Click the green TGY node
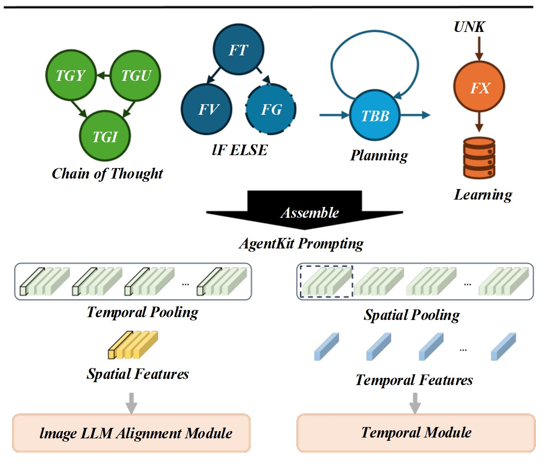tap(71, 76)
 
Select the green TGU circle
tap(136, 76)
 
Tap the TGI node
tap(105, 137)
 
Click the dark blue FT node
tap(238, 50)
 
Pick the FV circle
tap(207, 109)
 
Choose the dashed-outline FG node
tap(271, 109)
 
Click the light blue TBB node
tap(375, 116)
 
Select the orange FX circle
tap(479, 87)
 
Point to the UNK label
tap(469, 27)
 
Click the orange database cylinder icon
tap(479, 158)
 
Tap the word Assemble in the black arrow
tap(309, 213)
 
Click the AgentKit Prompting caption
tap(301, 244)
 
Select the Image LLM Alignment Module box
tap(132, 433)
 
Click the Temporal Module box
tap(416, 433)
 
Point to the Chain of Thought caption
tap(107, 174)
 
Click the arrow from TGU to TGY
tap(103, 75)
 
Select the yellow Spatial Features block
tap(133, 345)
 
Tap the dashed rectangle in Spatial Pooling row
tap(326, 282)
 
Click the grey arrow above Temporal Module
tap(415, 402)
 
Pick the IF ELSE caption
tap(240, 150)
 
